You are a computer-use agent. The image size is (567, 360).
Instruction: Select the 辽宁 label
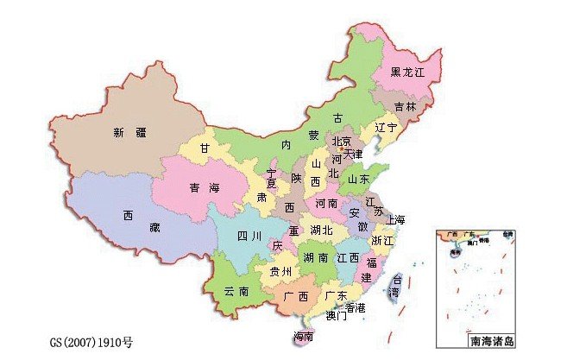386,127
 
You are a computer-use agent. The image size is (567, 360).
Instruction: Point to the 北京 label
342,142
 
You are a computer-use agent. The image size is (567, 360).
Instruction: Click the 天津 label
354,155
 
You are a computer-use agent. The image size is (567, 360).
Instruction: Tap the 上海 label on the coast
396,218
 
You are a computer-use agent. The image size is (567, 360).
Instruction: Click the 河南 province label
326,205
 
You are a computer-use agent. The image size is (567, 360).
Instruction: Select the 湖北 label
322,231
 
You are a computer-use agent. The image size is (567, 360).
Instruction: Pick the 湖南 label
315,258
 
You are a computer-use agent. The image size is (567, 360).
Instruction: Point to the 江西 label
349,258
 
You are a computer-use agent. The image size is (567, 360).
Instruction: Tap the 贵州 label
280,271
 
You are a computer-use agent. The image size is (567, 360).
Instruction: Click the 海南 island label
303,336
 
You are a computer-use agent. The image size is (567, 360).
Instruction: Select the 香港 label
355,307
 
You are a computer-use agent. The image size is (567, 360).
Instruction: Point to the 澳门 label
336,317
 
